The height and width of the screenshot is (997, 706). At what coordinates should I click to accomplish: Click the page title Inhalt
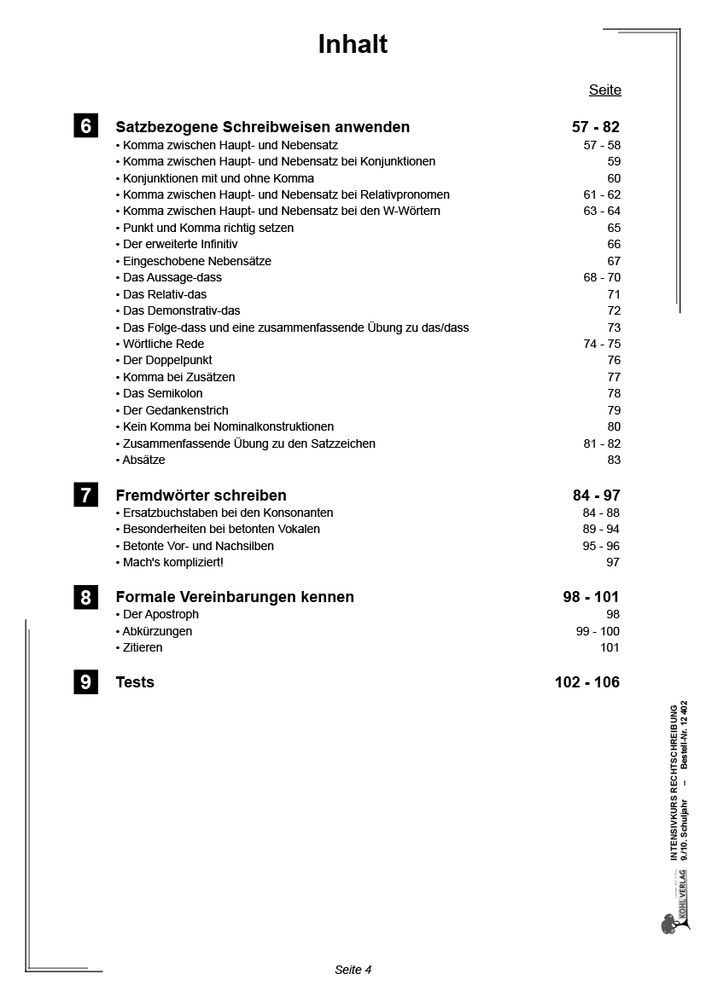(353, 44)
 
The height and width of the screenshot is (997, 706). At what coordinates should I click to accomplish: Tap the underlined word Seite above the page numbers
(604, 90)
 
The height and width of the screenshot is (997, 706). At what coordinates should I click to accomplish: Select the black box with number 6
(85, 126)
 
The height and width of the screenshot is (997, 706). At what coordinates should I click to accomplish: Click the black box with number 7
(85, 495)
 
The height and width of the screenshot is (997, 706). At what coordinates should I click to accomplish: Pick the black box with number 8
(85, 597)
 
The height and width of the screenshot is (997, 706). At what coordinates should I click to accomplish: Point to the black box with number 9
(85, 681)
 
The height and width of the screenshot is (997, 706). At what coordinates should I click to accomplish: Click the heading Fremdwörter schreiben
(201, 496)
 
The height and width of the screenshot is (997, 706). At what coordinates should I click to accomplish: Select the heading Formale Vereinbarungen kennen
(235, 597)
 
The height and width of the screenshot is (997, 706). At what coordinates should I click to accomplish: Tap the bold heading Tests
(135, 682)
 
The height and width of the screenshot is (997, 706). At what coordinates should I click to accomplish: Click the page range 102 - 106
(587, 682)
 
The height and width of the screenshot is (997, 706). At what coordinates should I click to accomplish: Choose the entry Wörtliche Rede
(163, 344)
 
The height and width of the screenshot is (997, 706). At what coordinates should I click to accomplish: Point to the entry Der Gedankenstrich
(175, 410)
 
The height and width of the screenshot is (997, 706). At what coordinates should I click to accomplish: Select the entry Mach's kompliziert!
(172, 562)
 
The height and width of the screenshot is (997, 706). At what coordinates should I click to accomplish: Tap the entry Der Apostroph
(160, 614)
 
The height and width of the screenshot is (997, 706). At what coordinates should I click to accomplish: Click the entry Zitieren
(142, 647)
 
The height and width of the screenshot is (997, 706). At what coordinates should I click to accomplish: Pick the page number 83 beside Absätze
(613, 460)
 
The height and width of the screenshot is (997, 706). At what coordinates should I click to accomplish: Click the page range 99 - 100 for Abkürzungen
(598, 631)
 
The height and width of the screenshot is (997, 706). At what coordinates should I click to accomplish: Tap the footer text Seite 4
(353, 970)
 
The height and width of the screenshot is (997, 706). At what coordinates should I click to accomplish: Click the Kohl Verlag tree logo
(669, 922)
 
